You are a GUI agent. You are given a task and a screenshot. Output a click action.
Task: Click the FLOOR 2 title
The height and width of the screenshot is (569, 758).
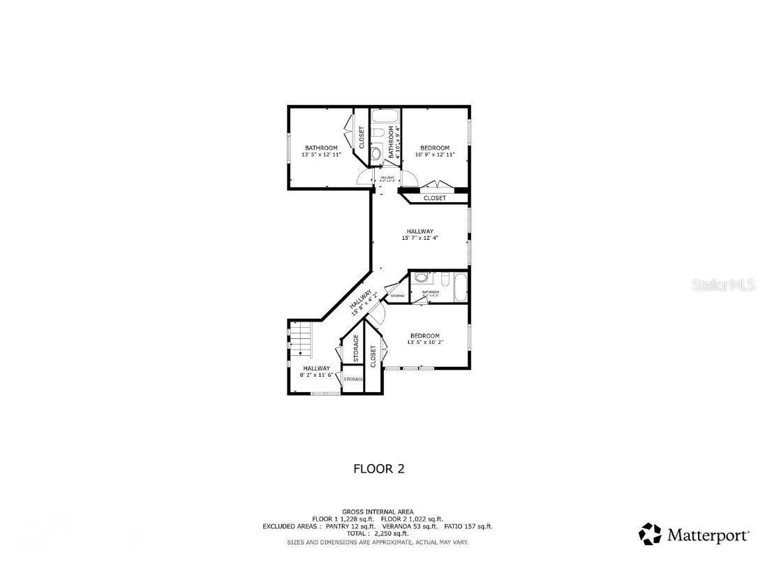[378, 469]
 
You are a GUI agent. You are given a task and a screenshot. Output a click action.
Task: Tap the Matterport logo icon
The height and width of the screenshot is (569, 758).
[650, 534]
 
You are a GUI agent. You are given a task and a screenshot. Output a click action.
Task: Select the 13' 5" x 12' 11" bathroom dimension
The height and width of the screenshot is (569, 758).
[321, 155]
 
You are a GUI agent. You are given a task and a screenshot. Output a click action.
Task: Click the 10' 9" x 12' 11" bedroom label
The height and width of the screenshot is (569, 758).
[434, 155]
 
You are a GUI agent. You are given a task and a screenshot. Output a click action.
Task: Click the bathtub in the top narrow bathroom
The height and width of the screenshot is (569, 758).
[385, 116]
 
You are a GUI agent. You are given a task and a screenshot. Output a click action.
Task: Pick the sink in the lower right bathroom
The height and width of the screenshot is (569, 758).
[420, 278]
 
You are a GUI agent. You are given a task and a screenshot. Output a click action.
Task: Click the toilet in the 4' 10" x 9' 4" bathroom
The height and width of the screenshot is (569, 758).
[378, 134]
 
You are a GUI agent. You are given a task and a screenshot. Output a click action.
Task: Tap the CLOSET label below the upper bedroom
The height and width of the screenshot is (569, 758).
[434, 199]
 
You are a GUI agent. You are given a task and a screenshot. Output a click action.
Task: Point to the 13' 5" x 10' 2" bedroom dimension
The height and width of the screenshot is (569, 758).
[425, 343]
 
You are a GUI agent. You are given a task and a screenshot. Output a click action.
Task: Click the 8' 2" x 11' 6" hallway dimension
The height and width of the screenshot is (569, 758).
[316, 375]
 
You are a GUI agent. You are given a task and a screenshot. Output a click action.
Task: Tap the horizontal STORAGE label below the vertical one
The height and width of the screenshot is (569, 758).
[353, 379]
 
